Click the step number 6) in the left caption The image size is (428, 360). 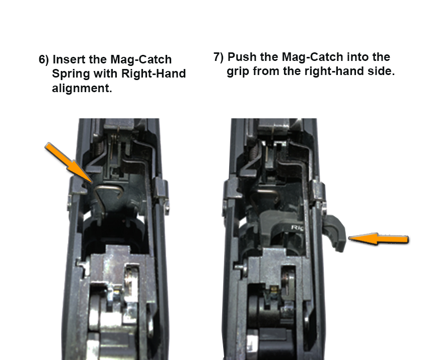[44, 59]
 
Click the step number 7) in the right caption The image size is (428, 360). [219, 57]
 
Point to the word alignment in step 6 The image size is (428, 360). [82, 89]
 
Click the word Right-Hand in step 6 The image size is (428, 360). [154, 74]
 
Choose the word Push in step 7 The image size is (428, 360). [242, 57]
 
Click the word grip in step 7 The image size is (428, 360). [238, 71]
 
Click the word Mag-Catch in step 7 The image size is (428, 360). [312, 57]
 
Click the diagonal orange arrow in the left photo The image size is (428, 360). [69, 163]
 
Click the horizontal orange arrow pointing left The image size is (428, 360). [378, 239]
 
